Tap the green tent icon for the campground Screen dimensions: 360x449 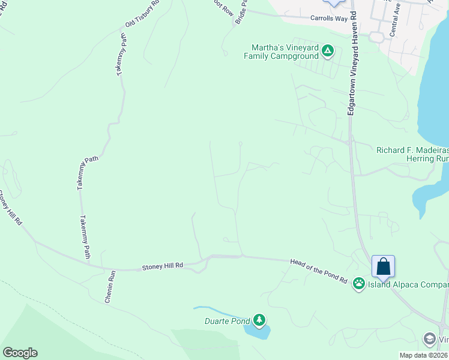[x=327, y=50]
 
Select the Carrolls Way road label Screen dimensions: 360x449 [x=328, y=19]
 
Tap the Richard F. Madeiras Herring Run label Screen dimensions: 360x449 [x=412, y=154]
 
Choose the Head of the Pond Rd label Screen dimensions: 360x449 [x=319, y=271]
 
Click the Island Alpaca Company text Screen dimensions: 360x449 [x=409, y=284]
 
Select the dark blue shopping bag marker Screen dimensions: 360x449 [x=383, y=267]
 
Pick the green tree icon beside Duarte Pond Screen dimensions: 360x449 [x=259, y=320]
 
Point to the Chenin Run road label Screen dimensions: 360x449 [x=109, y=286]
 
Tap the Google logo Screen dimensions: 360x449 [x=20, y=353]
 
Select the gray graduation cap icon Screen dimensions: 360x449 [x=430, y=339]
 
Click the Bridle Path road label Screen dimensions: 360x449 [x=241, y=12]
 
